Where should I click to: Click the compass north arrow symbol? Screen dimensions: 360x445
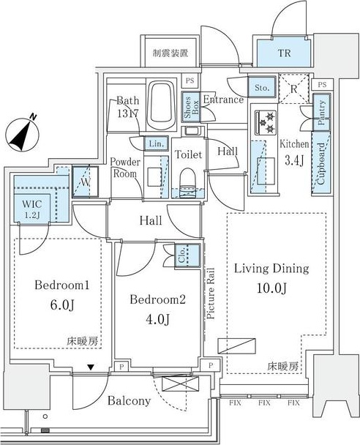point(22,133)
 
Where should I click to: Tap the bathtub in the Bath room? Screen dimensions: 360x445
point(160,105)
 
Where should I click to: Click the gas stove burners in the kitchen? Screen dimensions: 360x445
point(266,122)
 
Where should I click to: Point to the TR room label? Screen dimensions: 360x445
point(284,53)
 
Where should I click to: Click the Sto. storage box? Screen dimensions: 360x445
point(262,87)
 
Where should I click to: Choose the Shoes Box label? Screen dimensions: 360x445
point(192,108)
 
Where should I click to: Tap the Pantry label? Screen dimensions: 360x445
point(321,113)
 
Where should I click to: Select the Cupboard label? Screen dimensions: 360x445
point(320,164)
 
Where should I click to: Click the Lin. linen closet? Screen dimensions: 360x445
point(157,143)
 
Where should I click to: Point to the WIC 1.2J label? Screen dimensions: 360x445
point(32,209)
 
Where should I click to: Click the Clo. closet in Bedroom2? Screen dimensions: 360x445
point(187,255)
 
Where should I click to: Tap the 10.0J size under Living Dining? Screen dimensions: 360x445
point(271,288)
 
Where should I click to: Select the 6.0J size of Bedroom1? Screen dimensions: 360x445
point(62,305)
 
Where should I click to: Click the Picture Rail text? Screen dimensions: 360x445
point(211,293)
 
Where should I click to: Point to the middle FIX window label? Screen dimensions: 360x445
point(264,403)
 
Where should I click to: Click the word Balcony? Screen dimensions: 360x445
point(129,401)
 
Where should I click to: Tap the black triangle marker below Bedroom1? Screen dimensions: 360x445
point(91,367)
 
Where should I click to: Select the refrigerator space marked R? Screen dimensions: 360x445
point(293,89)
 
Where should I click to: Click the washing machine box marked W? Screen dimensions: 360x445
point(86,182)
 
